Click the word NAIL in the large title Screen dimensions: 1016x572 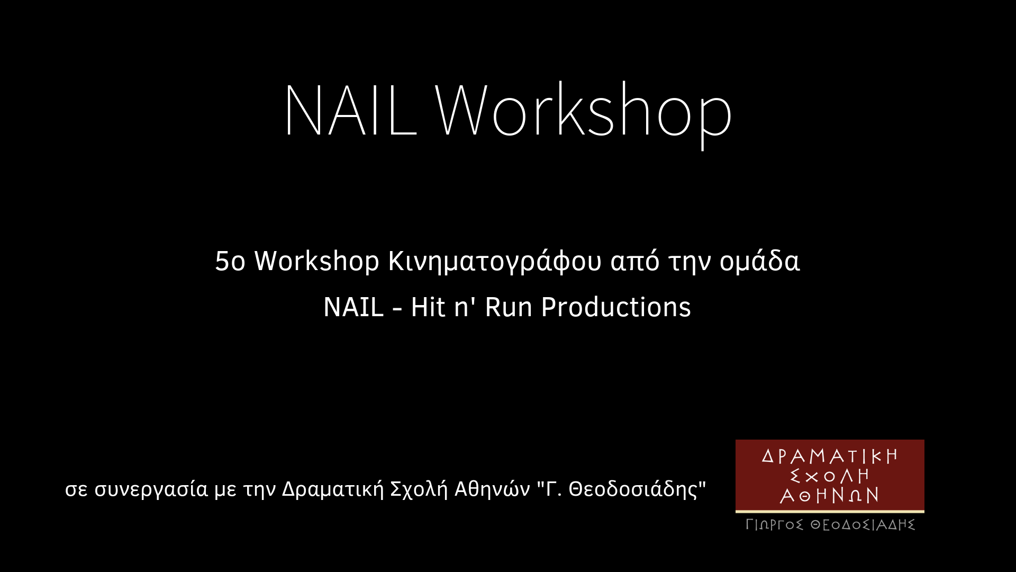(351, 110)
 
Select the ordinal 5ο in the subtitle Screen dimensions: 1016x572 (230, 261)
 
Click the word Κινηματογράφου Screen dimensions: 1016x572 (495, 262)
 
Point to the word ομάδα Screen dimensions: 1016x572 (759, 261)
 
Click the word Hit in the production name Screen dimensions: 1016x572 (428, 307)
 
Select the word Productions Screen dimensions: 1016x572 (616, 307)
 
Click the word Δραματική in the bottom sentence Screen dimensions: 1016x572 (333, 489)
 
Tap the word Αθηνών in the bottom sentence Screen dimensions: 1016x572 (492, 489)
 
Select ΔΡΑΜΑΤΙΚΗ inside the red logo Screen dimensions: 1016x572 (830, 456)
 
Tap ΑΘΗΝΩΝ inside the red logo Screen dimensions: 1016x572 (830, 495)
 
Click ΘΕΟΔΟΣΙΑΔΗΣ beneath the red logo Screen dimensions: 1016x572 (863, 525)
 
